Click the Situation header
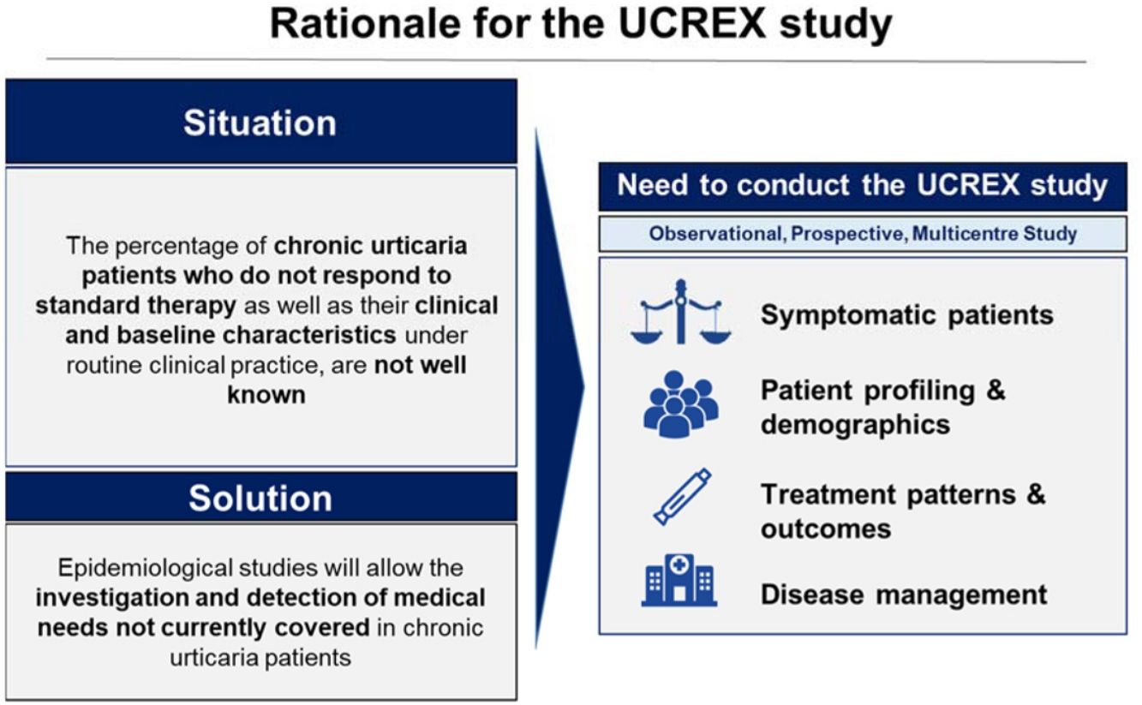click(260, 122)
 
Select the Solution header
click(260, 498)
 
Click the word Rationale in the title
click(365, 23)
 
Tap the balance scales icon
click(680, 312)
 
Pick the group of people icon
click(680, 404)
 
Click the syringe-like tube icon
click(682, 497)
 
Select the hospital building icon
click(679, 580)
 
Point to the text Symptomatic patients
click(907, 314)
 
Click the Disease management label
click(904, 594)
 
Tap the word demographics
click(856, 425)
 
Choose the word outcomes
click(826, 529)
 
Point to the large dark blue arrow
click(559, 388)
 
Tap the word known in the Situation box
click(266, 395)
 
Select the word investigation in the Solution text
click(111, 598)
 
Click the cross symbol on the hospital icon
click(679, 565)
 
